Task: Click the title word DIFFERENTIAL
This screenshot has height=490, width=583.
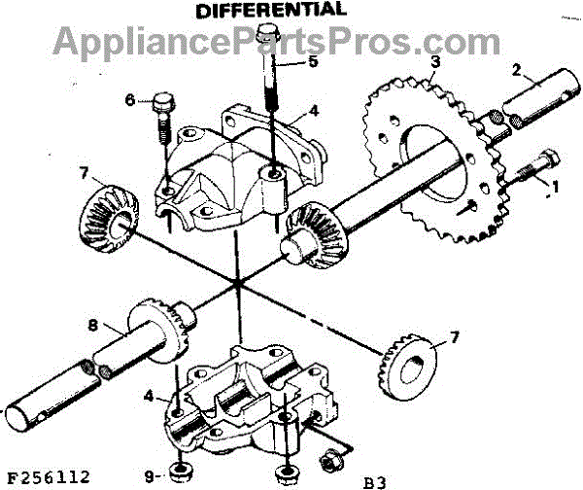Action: pyautogui.click(x=270, y=11)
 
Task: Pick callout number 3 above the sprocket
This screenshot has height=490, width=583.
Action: pyautogui.click(x=434, y=61)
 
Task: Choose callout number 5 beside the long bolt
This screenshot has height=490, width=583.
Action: pyautogui.click(x=313, y=62)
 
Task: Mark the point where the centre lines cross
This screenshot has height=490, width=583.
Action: pyautogui.click(x=237, y=285)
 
